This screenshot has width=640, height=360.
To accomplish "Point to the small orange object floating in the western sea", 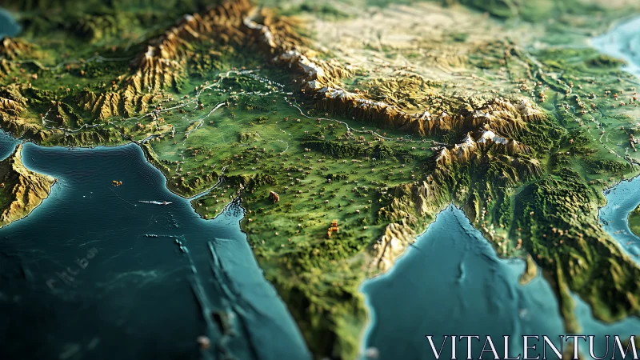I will pyautogui.click(x=117, y=183).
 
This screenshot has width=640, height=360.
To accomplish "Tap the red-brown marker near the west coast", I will pyautogui.click(x=274, y=196).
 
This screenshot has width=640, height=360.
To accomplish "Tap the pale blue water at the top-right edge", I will pyautogui.click(x=620, y=44).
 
